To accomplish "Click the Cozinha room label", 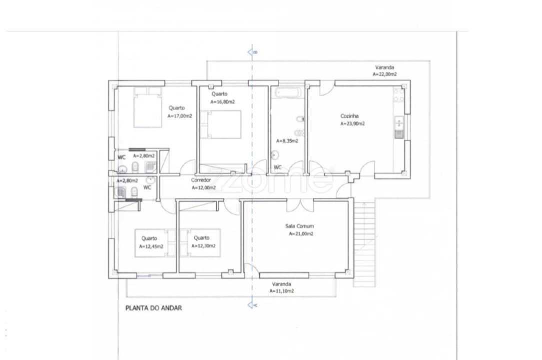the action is (x=350, y=116).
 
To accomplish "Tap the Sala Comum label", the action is (x=299, y=226).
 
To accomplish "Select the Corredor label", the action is (x=201, y=180).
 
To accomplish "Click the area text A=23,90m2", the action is (x=353, y=124).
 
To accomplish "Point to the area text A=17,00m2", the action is (x=180, y=116).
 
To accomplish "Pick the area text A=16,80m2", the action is (x=223, y=102).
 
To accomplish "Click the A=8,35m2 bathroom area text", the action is (x=287, y=141).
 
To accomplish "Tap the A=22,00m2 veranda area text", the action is (x=385, y=74).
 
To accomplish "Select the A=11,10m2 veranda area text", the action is (x=282, y=291).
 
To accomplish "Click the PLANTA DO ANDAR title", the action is (x=153, y=308).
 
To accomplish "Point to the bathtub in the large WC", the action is (x=288, y=92).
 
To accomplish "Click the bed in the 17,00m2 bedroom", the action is (x=148, y=107).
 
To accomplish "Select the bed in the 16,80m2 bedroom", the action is (x=220, y=124).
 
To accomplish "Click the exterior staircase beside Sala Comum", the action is (x=364, y=244).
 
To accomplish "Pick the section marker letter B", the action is (x=256, y=52).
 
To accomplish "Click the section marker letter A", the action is (x=256, y=305).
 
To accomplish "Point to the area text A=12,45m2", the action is (x=151, y=246).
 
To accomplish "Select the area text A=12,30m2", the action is (x=204, y=246).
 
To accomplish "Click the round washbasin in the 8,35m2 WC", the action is (x=275, y=155).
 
